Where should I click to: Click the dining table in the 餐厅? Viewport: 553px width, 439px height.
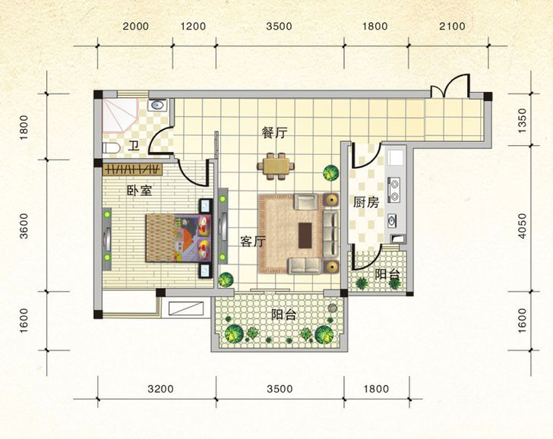pos(276,166)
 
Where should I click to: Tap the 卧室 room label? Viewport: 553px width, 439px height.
pos(139,191)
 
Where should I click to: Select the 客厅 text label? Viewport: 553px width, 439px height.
pos(252,242)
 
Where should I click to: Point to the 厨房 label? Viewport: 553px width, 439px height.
pos(366,202)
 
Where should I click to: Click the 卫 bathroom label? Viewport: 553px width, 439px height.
pos(133,145)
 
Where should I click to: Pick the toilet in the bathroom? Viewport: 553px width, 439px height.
pos(111,148)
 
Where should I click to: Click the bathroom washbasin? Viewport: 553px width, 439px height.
pos(157,105)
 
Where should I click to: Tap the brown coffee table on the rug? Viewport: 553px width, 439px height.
pos(305,235)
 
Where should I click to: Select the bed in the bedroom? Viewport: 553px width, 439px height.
pos(178,238)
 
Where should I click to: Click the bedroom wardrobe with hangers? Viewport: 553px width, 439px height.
pos(133,169)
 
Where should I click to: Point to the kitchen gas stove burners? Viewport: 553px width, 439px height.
pos(393,189)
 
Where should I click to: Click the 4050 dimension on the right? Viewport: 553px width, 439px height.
pos(523,226)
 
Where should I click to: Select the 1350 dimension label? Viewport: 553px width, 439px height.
pos(523,120)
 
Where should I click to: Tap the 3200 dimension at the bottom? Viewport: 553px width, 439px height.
pos(160,389)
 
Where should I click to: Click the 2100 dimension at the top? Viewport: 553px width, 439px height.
pos(452,26)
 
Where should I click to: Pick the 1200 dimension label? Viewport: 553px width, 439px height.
pos(193,27)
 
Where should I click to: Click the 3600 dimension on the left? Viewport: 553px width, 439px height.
pos(24,226)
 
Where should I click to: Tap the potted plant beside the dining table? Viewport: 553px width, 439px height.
pos(331,173)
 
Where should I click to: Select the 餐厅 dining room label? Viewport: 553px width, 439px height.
pos(274,133)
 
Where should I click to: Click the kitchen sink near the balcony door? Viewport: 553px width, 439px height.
pos(391,221)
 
